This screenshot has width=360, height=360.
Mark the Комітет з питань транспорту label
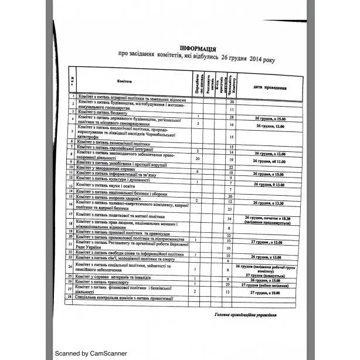tap(104, 281)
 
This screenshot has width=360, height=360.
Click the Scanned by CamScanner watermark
tap(91, 354)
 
